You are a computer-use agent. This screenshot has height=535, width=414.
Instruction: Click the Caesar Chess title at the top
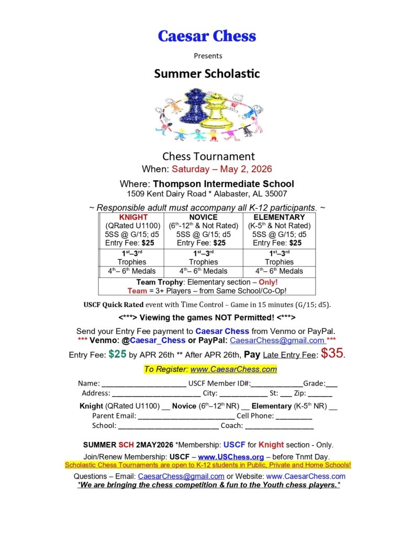[207, 36]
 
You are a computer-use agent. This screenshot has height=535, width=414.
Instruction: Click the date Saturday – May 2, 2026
[222, 169]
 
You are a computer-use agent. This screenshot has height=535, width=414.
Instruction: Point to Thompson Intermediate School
[223, 184]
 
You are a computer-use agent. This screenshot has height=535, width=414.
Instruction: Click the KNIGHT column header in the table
[133, 217]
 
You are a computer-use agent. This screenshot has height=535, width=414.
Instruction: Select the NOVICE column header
[204, 217]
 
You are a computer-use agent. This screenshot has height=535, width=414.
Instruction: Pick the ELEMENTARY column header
[279, 217]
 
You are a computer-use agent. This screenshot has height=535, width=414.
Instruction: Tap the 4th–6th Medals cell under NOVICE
[204, 271]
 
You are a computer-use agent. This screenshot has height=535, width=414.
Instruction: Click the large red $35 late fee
[332, 353]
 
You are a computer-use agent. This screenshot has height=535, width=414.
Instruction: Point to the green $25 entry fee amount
[118, 354]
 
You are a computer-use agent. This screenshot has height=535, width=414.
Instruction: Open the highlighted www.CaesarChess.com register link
[233, 369]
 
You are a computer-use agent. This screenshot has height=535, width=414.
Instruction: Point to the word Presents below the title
[208, 56]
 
